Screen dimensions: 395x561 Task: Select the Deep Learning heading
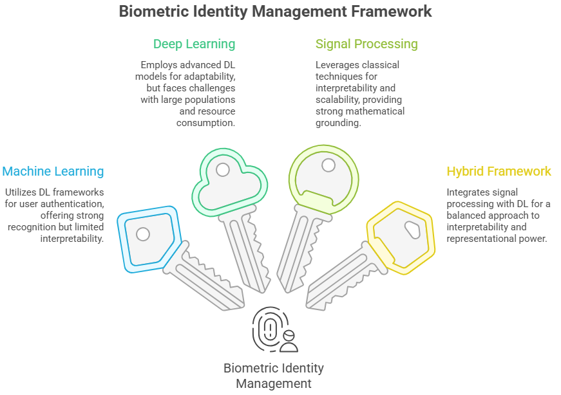[194, 44]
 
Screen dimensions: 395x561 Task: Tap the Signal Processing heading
[366, 44]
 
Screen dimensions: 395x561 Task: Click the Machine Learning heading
[53, 171]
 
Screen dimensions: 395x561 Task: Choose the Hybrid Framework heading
[499, 171]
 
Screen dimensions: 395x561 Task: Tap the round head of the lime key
[322, 174]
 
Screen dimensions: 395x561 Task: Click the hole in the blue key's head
[143, 234]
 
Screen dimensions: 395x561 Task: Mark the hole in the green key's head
[223, 170]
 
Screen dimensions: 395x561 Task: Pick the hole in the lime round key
[328, 165]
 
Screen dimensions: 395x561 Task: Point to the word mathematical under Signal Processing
[374, 111]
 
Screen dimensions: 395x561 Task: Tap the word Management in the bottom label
[274, 384]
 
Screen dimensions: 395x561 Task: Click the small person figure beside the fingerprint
[289, 341]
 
